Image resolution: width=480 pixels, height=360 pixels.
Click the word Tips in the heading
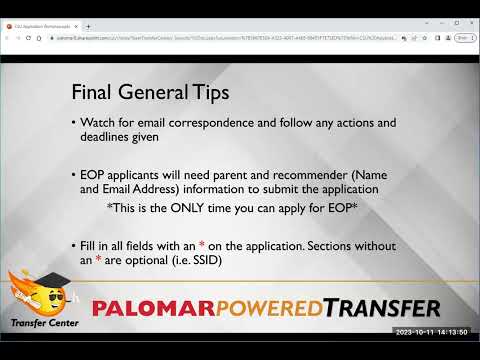pos(209,93)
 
